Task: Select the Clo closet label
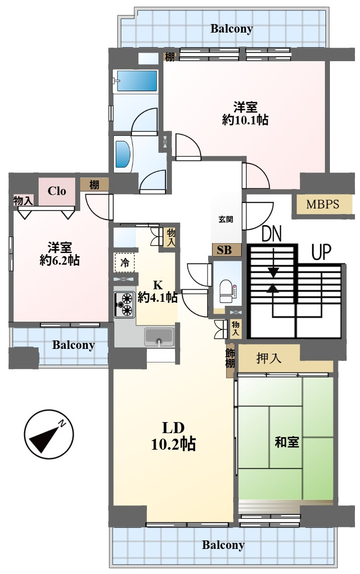click(57, 191)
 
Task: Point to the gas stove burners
click(124, 304)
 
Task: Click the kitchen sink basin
click(159, 337)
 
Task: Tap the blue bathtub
click(136, 81)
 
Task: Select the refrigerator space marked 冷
click(124, 263)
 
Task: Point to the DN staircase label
click(272, 234)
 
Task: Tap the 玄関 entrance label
click(226, 219)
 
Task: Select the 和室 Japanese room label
click(287, 442)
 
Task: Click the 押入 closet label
click(269, 358)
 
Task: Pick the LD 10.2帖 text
click(173, 436)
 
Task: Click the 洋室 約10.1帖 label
click(245, 113)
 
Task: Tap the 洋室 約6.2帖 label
click(59, 254)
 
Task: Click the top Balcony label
click(232, 29)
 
